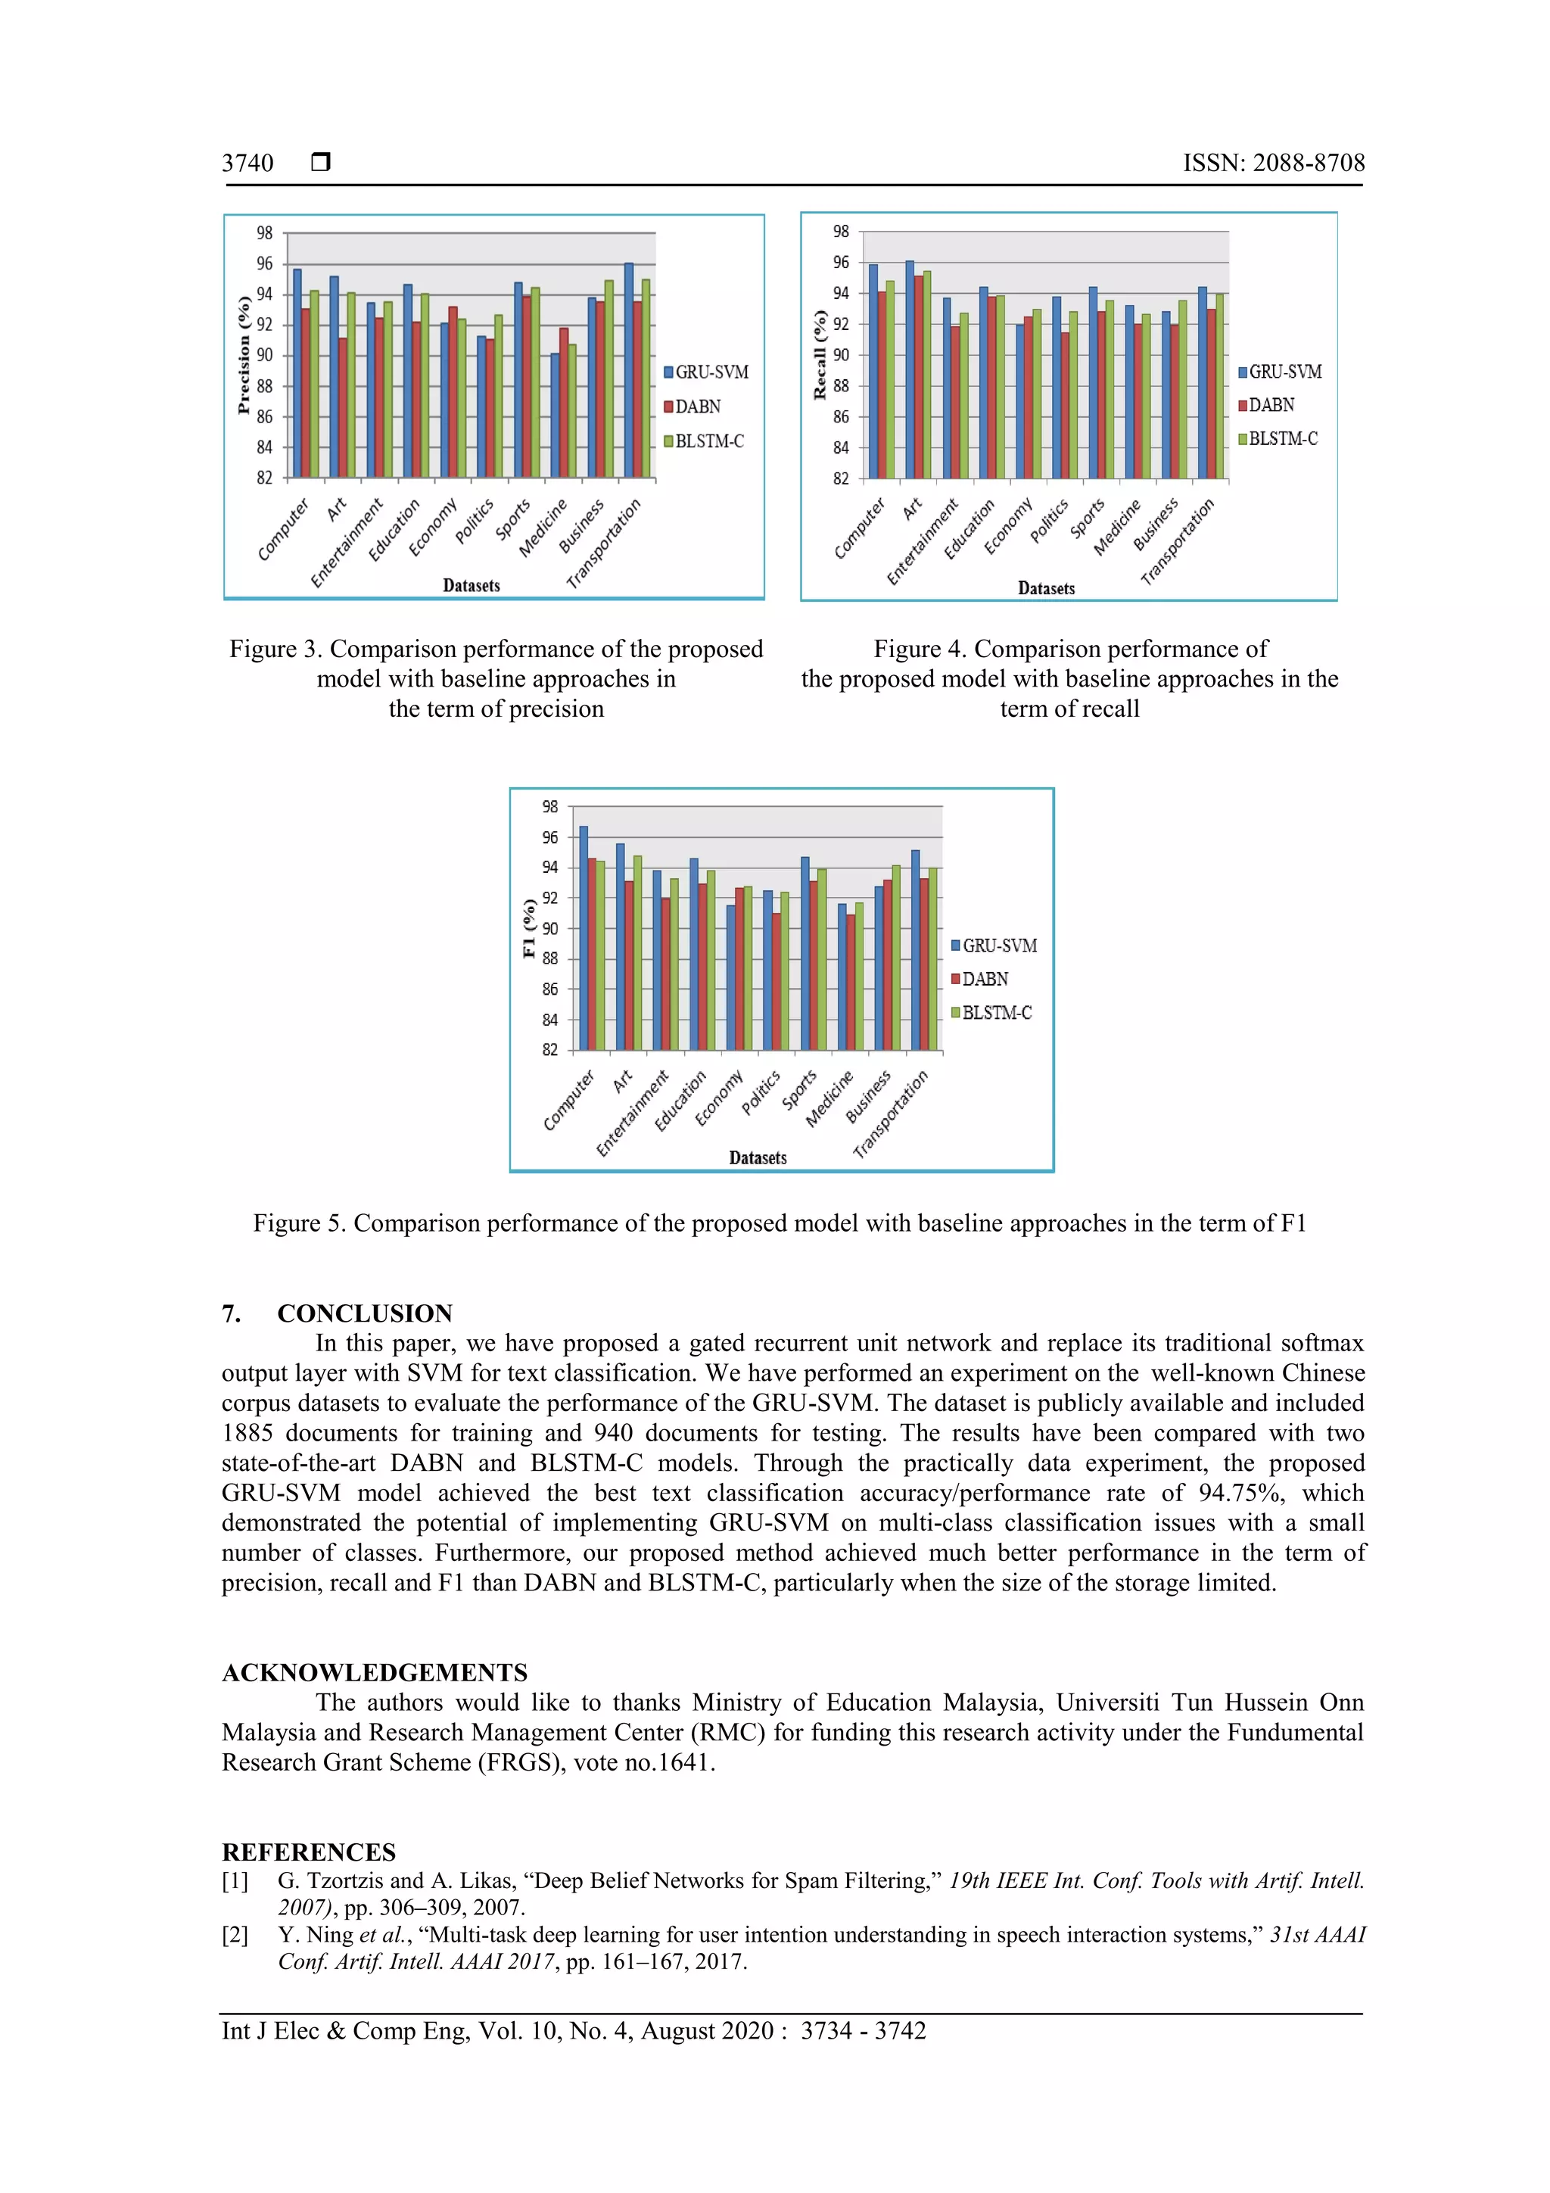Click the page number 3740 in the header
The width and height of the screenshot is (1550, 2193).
[x=247, y=164]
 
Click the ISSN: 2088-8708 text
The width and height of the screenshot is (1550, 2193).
[x=1273, y=164]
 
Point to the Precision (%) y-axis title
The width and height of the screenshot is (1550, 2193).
[x=244, y=355]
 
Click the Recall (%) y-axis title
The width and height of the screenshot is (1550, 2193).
[x=820, y=354]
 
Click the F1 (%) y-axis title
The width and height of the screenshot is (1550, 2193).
[x=529, y=927]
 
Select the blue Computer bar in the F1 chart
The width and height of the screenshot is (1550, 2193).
[x=584, y=938]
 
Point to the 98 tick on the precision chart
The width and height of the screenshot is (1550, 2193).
[x=265, y=233]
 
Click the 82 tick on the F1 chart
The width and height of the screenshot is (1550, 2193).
[x=550, y=1050]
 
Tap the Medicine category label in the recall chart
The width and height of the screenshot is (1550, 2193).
[x=1116, y=527]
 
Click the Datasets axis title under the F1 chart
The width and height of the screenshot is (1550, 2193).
[x=758, y=1157]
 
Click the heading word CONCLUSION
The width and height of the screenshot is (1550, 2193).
[x=365, y=1313]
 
